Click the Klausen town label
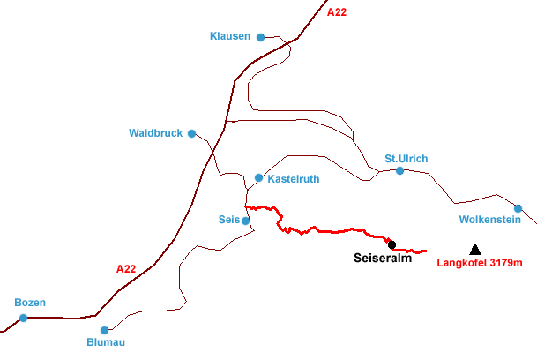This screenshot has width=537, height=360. (x=230, y=36)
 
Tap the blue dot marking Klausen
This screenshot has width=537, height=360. (x=260, y=37)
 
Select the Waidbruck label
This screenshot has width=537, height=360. (x=155, y=133)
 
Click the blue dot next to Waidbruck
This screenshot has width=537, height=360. (x=190, y=134)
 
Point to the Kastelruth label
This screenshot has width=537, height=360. (x=293, y=178)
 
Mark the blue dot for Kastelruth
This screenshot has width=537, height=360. (x=258, y=177)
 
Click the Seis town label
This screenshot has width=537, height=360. (x=228, y=219)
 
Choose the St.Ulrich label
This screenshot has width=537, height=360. (x=406, y=159)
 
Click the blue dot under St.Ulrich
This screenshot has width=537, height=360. (x=399, y=170)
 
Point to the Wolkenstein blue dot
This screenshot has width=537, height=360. (x=518, y=208)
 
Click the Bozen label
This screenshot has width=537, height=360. (x=29, y=303)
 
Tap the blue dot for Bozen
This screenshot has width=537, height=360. (x=23, y=318)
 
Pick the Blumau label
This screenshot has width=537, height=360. (x=105, y=343)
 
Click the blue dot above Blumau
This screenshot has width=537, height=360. (x=104, y=330)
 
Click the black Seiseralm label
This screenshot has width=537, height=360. (x=383, y=259)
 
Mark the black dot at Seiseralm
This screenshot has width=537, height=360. (x=392, y=244)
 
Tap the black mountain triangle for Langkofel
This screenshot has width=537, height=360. (x=475, y=249)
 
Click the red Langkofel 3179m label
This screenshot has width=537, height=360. (x=480, y=263)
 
